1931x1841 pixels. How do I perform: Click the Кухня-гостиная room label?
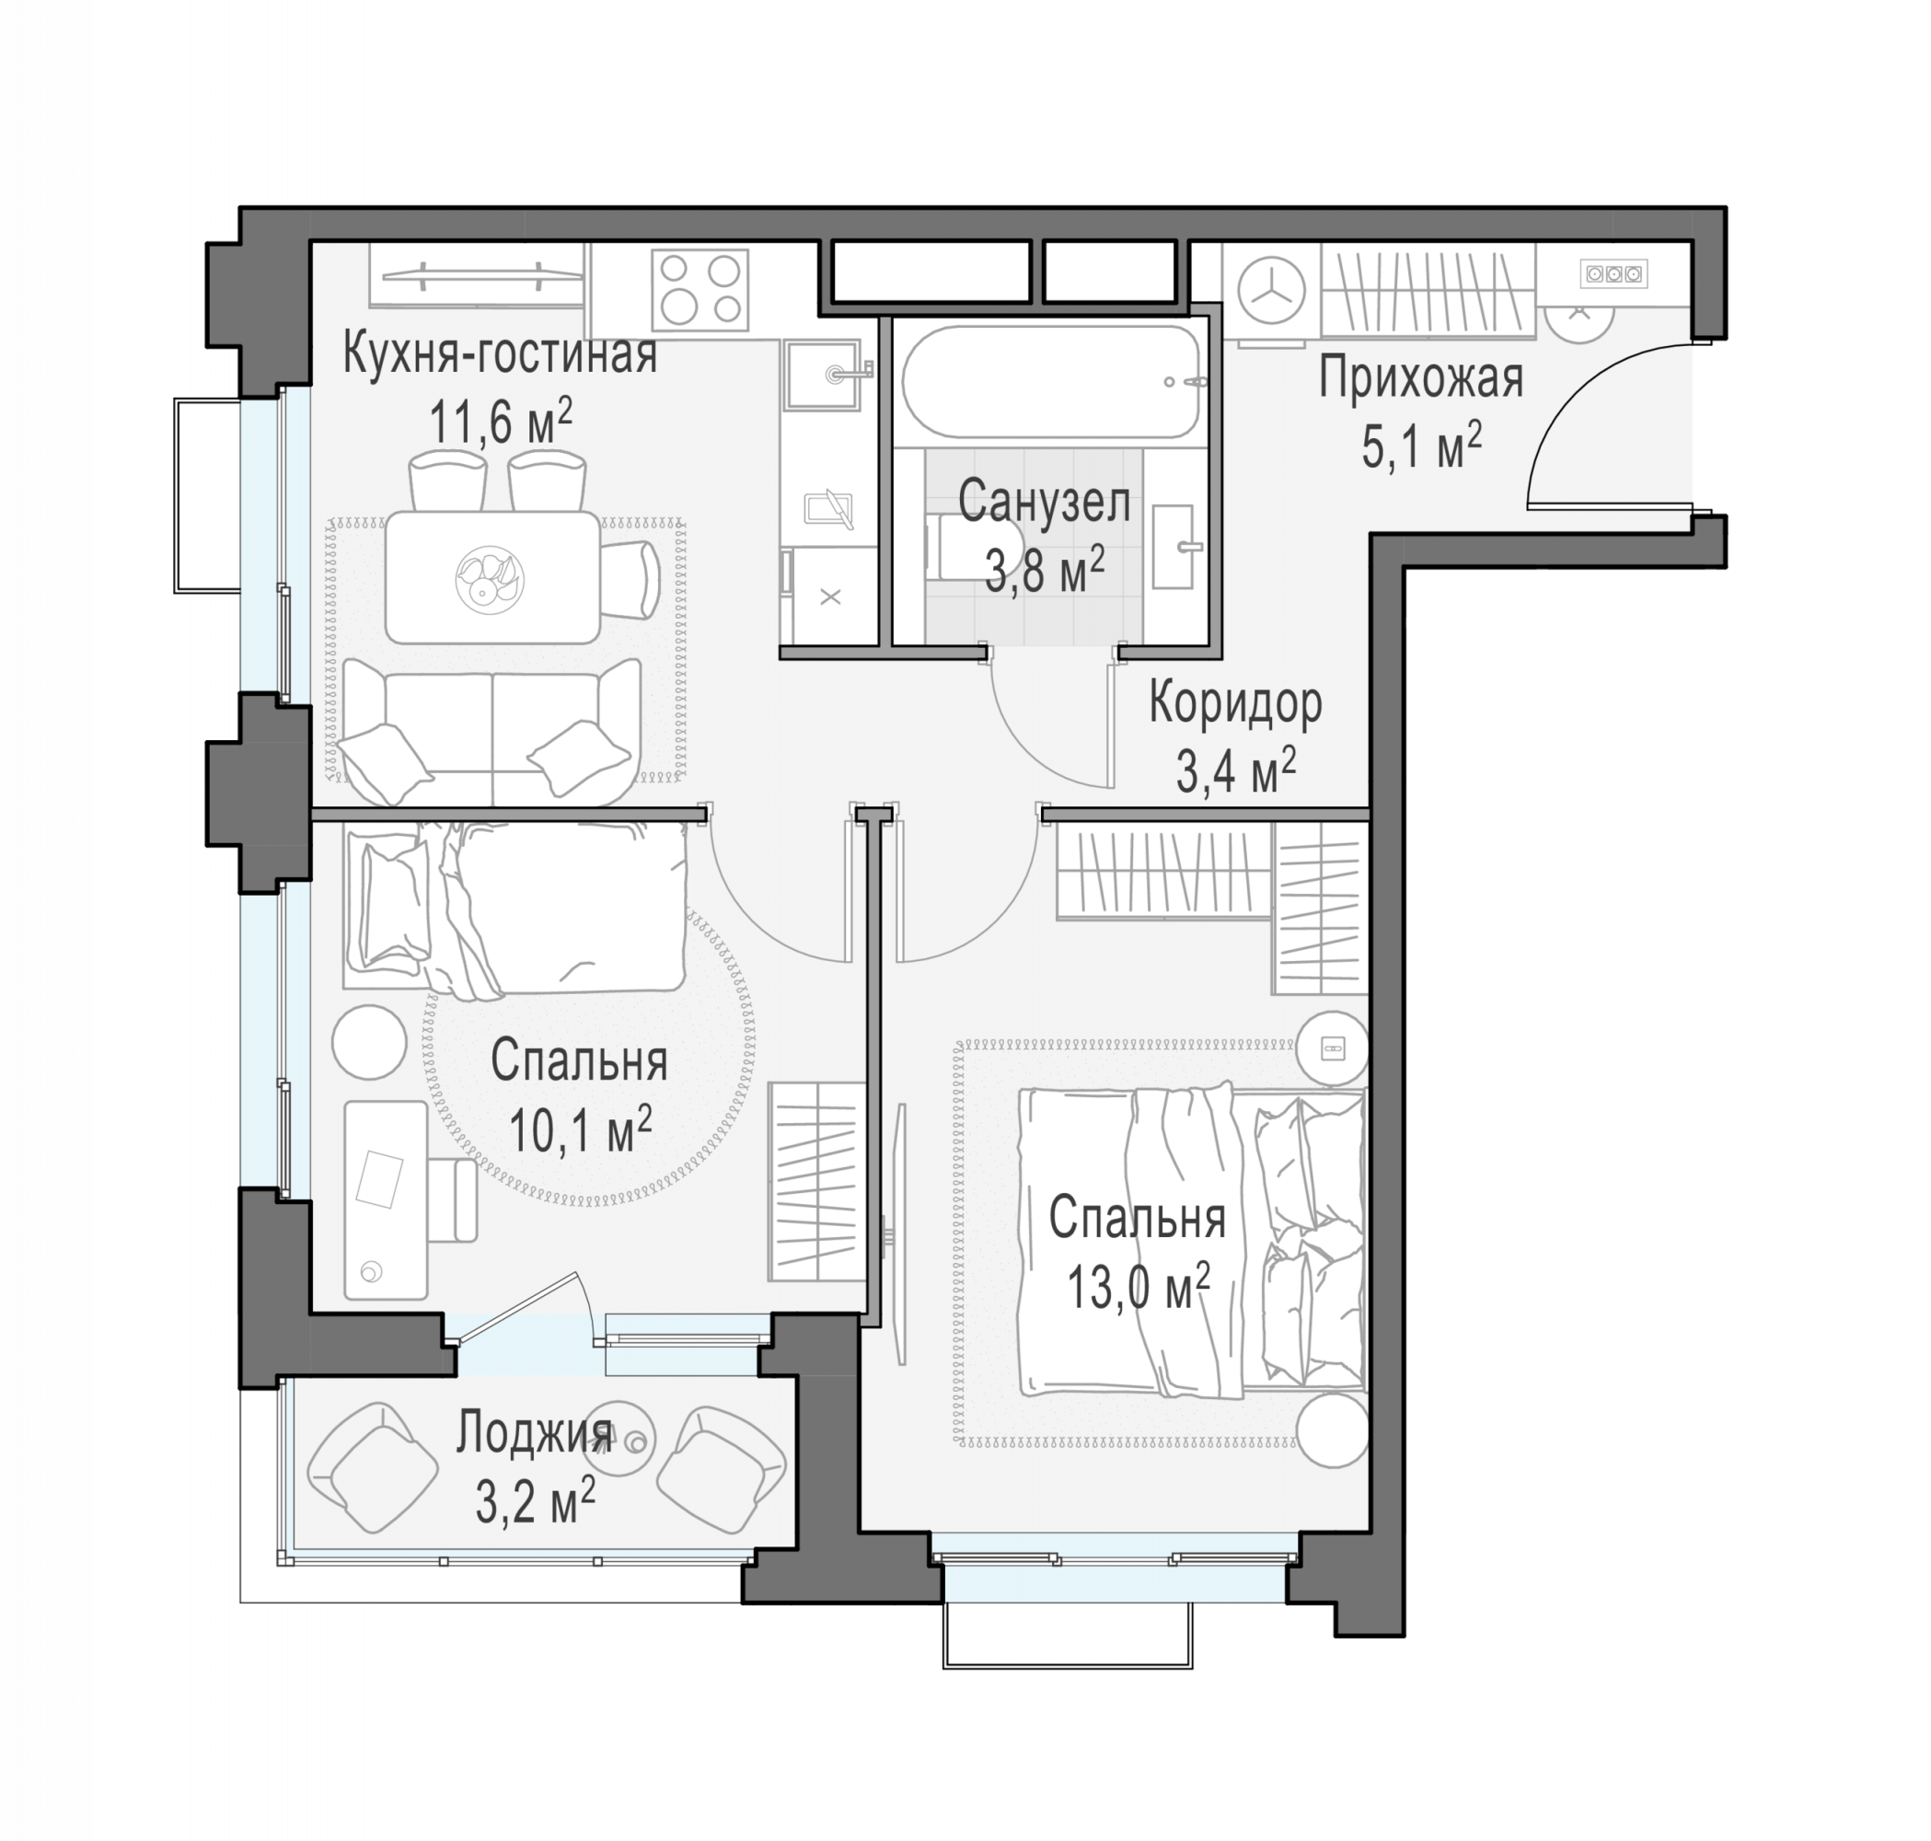[x=500, y=354]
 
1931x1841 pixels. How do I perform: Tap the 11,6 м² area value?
[x=501, y=422]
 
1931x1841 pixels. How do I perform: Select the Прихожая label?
[x=1421, y=380]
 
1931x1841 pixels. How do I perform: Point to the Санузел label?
[x=1044, y=502]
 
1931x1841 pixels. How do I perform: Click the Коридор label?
[x=1235, y=703]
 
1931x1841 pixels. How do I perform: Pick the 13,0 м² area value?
[x=1139, y=1288]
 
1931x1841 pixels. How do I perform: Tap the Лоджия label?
[x=535, y=1436]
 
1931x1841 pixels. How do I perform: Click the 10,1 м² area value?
[x=581, y=1130]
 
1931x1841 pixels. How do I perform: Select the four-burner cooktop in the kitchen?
[x=700, y=291]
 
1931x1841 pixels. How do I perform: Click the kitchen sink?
[x=821, y=374]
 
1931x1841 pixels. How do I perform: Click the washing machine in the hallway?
[x=1272, y=294]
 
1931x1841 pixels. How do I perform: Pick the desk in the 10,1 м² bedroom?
[x=386, y=1199]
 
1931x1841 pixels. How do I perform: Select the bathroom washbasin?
[x=1174, y=548]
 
